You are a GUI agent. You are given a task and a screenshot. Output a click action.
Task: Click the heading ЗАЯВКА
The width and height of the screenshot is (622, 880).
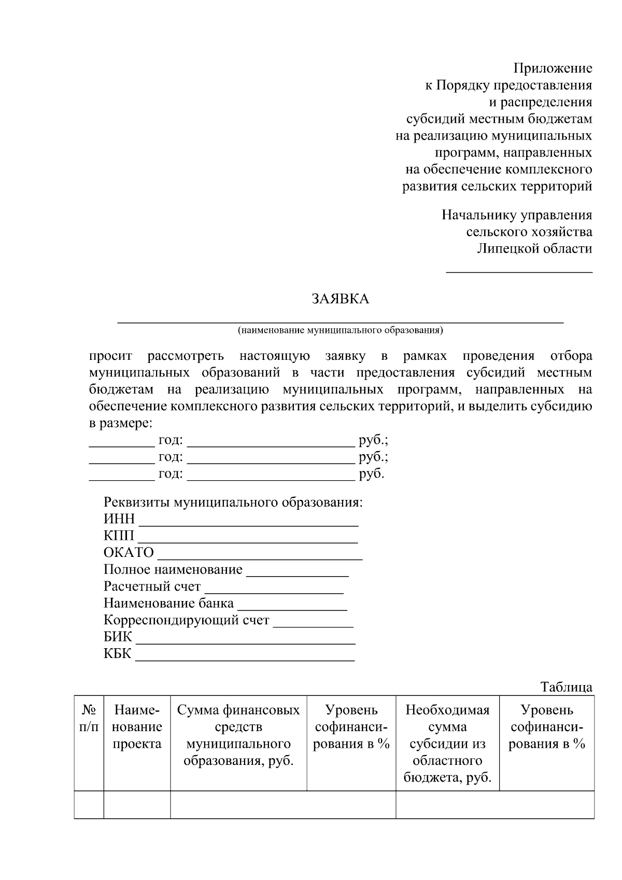340,299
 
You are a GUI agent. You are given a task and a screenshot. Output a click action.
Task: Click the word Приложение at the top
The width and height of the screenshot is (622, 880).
553,68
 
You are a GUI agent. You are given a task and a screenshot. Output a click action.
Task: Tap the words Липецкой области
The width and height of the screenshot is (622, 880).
534,248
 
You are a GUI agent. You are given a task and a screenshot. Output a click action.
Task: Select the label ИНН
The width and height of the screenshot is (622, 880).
119,519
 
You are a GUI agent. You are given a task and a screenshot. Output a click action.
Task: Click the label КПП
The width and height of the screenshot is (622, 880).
119,536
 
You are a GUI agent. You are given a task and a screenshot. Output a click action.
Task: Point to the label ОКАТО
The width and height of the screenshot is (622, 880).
129,553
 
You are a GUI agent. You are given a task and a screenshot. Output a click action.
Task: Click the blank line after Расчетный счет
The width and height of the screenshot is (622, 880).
274,591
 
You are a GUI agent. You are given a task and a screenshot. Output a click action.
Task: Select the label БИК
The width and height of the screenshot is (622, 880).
118,637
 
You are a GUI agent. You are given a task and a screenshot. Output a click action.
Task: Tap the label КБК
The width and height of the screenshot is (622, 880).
118,653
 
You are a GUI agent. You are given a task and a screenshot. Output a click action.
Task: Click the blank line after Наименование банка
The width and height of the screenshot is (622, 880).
292,608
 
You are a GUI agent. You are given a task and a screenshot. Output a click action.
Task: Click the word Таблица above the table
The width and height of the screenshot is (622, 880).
567,687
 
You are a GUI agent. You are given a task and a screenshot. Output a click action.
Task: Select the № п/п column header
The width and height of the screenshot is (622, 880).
89,718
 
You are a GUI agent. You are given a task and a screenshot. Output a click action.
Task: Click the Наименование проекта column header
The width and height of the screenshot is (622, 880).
137,727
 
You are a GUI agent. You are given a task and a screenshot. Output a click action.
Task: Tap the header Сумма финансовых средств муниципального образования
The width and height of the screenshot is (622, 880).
238,735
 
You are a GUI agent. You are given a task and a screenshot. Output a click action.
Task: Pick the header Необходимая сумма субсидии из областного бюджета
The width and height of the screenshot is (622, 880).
447,744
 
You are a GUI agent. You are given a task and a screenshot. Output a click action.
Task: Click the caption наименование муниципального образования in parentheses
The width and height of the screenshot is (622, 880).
340,330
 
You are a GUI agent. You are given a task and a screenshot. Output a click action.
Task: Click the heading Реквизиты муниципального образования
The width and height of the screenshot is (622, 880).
233,502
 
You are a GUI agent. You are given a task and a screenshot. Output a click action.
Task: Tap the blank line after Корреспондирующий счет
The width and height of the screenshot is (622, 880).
313,625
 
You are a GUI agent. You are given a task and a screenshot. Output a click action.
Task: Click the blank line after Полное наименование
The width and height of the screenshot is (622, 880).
297,575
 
